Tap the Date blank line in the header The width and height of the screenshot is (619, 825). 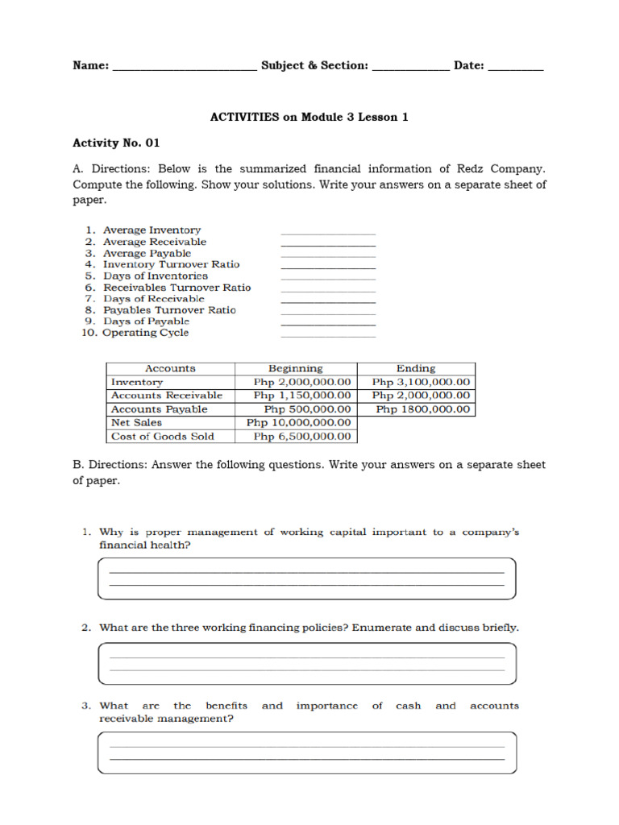point(516,69)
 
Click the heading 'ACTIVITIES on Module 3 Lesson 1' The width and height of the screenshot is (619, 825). point(309,117)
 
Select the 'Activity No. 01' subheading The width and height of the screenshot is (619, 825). point(116,143)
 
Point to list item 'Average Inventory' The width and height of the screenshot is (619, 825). point(152,230)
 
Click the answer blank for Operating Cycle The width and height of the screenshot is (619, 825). point(328,334)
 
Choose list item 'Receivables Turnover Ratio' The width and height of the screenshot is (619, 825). point(177,287)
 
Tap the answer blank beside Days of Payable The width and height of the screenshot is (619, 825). point(328,323)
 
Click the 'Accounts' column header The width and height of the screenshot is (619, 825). point(170,368)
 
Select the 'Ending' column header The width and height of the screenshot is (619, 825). point(416,368)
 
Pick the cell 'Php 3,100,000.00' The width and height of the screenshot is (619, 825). point(421,382)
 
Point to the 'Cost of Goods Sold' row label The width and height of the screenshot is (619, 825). point(163,436)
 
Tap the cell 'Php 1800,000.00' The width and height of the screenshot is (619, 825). point(422,409)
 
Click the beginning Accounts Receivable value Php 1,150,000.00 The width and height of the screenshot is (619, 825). point(302,396)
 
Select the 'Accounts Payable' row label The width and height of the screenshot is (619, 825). point(160,409)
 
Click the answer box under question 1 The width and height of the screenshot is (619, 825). point(306,578)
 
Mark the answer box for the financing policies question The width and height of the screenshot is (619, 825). point(306,663)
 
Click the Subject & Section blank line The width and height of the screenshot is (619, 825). point(410,69)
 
